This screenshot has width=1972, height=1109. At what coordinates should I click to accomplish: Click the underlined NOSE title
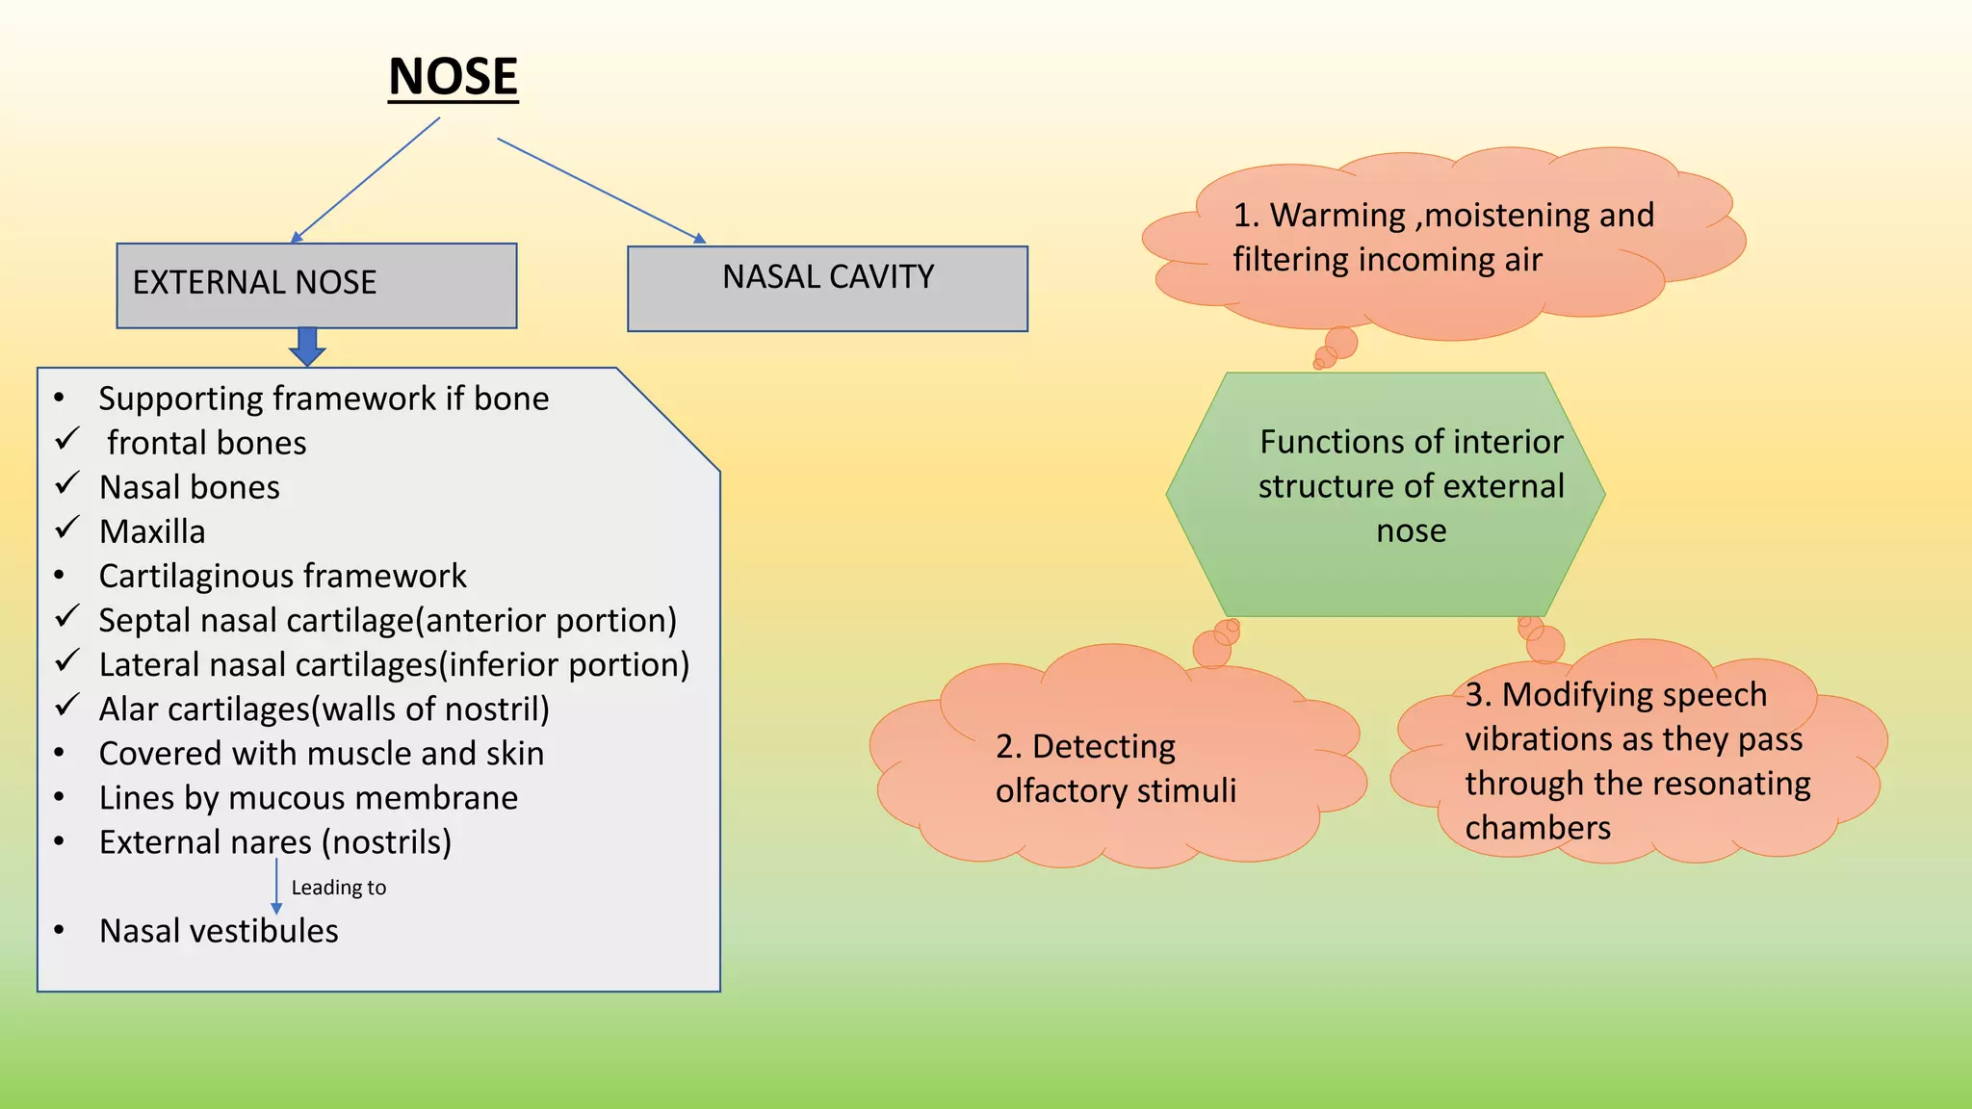[x=453, y=77]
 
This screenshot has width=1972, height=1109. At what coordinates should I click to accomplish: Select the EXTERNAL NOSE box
[x=316, y=285]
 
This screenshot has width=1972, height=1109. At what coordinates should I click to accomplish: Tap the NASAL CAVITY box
[x=826, y=289]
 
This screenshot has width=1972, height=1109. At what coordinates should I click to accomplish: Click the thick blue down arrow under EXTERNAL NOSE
[x=307, y=347]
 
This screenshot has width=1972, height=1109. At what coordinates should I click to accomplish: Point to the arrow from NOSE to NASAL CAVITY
[x=602, y=190]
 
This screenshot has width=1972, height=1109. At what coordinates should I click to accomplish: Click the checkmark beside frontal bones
[x=66, y=440]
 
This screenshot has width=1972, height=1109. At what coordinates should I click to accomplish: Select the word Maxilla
[x=152, y=531]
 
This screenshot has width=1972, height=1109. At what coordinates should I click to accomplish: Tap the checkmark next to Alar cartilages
[x=66, y=706]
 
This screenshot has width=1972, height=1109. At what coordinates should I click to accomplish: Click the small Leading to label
[x=338, y=888]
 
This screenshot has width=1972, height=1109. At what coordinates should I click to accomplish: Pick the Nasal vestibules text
[x=219, y=931]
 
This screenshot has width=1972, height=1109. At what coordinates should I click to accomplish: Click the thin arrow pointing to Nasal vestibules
[x=276, y=886]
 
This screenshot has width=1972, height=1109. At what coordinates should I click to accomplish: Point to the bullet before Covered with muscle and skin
[x=60, y=753]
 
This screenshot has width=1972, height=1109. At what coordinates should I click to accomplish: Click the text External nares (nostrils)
[x=275, y=842]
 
